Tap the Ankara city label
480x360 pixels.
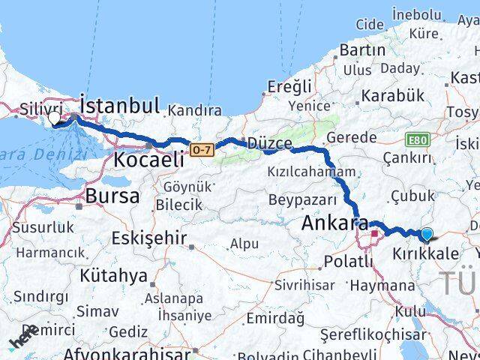click(x=334, y=223)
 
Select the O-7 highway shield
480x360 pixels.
click(x=200, y=150)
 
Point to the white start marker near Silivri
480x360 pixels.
click(x=54, y=118)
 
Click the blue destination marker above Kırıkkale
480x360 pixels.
click(x=427, y=235)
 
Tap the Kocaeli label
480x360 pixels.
click(x=149, y=159)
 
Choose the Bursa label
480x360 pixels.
click(x=112, y=196)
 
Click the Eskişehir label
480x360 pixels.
click(x=148, y=238)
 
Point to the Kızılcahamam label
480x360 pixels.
click(x=311, y=172)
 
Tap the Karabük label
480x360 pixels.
click(x=392, y=96)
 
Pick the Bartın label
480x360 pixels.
click(x=362, y=50)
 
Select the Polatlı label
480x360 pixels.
click(x=349, y=261)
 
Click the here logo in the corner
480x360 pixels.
click(x=22, y=339)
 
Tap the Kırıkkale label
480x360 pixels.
click(x=425, y=255)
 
